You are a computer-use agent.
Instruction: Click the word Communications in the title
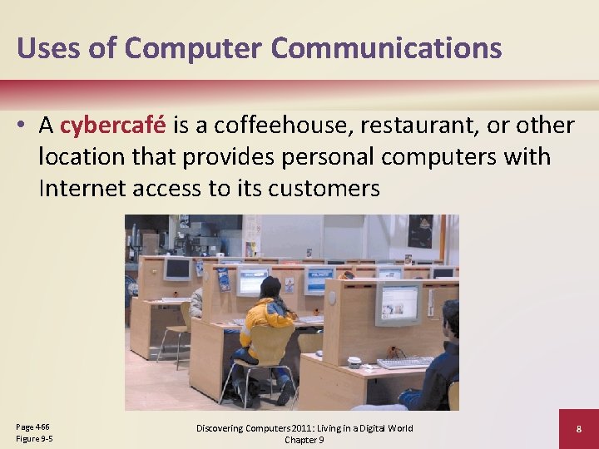click(x=386, y=47)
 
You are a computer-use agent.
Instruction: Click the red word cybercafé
click(x=114, y=126)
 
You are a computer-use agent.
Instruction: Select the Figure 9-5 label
click(x=34, y=438)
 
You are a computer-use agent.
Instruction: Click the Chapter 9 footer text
click(x=304, y=440)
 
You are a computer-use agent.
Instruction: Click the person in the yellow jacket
click(x=265, y=324)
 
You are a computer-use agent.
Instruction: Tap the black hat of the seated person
click(x=270, y=287)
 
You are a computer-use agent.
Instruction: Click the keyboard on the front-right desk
click(x=405, y=363)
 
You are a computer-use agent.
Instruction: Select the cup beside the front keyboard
click(x=354, y=362)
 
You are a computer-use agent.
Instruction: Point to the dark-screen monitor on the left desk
click(x=177, y=269)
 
